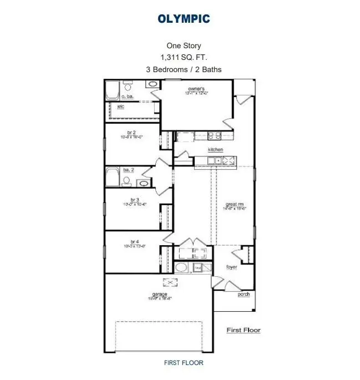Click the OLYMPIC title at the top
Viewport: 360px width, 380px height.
(184, 19)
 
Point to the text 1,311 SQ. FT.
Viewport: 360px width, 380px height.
(183, 57)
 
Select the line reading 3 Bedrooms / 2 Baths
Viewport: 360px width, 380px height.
(183, 69)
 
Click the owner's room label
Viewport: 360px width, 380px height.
(196, 89)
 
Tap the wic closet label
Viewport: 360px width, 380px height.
(120, 107)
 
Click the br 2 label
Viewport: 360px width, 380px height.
(131, 133)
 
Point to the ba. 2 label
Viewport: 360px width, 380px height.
(129, 170)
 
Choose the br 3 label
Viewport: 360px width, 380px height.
(134, 200)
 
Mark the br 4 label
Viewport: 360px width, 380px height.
(134, 241)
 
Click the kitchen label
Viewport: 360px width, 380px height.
(215, 150)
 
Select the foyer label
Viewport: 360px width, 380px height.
(231, 267)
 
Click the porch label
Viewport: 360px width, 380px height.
(244, 294)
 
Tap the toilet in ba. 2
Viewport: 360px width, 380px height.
(127, 181)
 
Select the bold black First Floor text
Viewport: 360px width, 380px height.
(243, 330)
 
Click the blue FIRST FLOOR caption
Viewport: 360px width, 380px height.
(183, 363)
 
